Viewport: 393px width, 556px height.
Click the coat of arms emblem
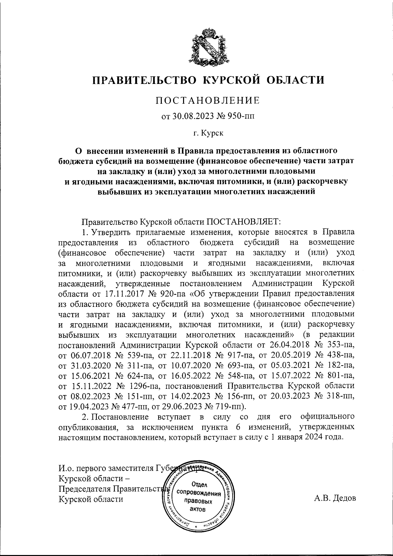click(208, 46)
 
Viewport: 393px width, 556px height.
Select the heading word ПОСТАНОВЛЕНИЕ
click(208, 100)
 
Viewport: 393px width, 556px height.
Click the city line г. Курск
click(208, 133)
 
